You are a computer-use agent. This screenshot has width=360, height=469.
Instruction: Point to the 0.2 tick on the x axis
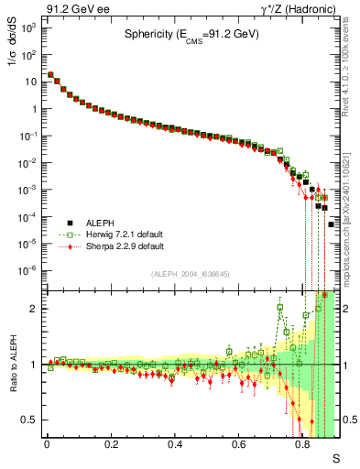111,445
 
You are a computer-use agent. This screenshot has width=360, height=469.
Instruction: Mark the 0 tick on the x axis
47,445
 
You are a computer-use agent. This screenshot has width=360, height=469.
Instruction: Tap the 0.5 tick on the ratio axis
30,420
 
